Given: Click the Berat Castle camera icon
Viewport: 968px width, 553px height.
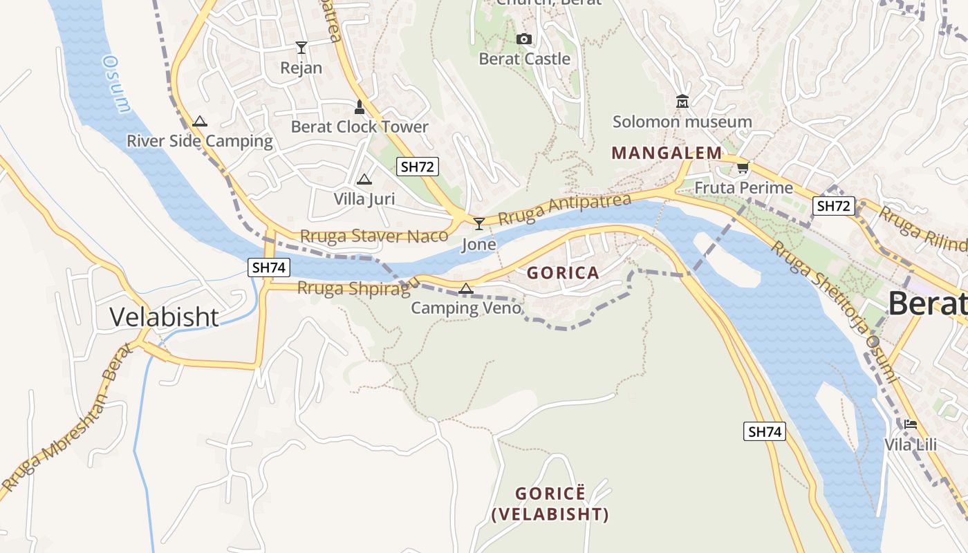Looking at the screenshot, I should click(x=524, y=39).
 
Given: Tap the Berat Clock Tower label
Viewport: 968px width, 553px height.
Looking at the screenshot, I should click(x=360, y=126).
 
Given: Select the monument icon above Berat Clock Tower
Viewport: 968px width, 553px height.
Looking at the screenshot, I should click(x=359, y=106).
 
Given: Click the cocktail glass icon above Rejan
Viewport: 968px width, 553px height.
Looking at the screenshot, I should click(x=301, y=47).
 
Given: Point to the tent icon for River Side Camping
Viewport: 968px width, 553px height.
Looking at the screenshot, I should click(x=200, y=121).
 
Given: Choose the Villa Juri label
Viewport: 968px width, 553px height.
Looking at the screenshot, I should click(x=364, y=199).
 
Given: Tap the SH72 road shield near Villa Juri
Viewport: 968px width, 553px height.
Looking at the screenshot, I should click(x=418, y=166).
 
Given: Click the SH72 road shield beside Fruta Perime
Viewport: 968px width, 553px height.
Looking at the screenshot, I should click(x=834, y=205).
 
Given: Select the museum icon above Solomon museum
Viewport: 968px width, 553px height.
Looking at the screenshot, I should click(x=682, y=102).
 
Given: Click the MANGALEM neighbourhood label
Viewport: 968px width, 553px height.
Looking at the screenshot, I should click(x=667, y=153).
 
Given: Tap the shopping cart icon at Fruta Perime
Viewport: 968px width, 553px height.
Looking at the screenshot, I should click(x=743, y=167).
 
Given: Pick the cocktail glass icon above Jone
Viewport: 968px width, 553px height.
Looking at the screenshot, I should click(x=478, y=223).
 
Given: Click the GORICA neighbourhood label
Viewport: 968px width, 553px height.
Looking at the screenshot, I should click(x=563, y=272).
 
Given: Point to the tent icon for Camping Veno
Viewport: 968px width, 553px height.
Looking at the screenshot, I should click(x=466, y=288).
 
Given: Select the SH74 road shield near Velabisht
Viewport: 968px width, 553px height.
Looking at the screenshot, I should click(x=268, y=267).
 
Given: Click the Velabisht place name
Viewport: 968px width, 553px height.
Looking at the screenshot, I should click(x=165, y=317).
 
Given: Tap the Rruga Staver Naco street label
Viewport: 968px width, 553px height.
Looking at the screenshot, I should click(x=375, y=236).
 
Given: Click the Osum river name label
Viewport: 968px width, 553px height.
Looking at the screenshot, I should click(x=115, y=83).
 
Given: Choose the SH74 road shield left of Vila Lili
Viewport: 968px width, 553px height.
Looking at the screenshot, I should click(x=765, y=431).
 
